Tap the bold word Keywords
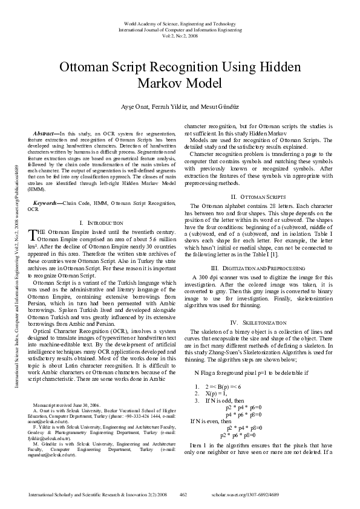45,204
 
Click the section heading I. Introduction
101,223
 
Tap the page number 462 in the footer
183,494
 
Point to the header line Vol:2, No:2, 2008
180,36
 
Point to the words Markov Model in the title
180,83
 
